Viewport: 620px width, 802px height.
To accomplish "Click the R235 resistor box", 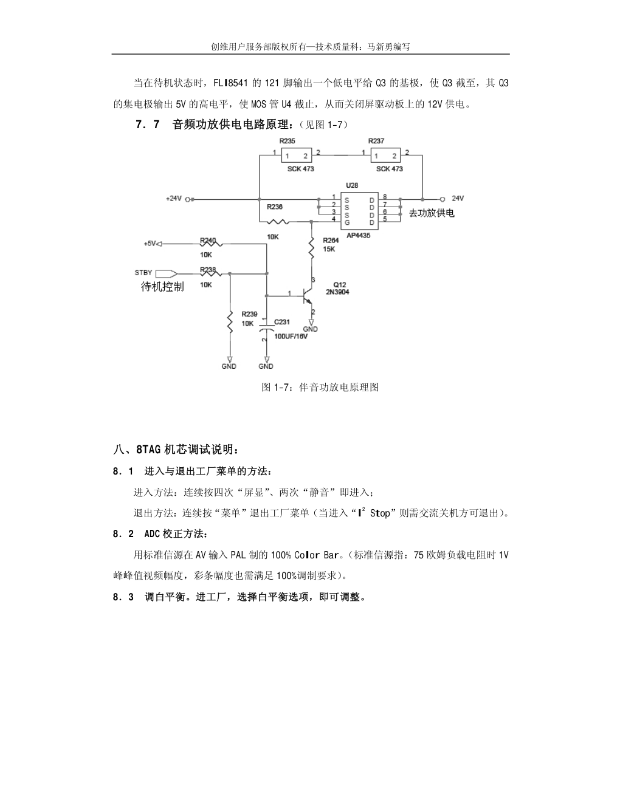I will (296, 156).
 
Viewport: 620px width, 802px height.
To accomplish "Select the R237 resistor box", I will (385, 156).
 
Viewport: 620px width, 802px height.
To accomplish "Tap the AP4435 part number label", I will (359, 235).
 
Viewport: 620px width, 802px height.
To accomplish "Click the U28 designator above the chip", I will (351, 184).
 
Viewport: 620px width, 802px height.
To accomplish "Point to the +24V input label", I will (174, 199).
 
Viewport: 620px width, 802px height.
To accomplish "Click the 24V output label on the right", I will (458, 198).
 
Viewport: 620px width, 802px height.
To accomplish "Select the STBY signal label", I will (143, 273).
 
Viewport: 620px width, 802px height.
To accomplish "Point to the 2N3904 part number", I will (337, 292).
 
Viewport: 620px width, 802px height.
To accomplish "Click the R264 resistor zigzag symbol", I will (311, 247).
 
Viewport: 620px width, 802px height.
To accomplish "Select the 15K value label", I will (329, 249).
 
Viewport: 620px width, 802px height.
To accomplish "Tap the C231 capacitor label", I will (282, 322).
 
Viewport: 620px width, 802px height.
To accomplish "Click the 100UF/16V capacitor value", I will (291, 336).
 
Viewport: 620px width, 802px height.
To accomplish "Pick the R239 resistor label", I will (249, 314).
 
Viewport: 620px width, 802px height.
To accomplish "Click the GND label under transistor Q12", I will (310, 329).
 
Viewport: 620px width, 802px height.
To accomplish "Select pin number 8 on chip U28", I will (385, 197).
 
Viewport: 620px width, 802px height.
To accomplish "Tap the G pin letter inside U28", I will (347, 222).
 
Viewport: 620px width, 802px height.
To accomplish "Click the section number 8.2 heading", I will (123, 534).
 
